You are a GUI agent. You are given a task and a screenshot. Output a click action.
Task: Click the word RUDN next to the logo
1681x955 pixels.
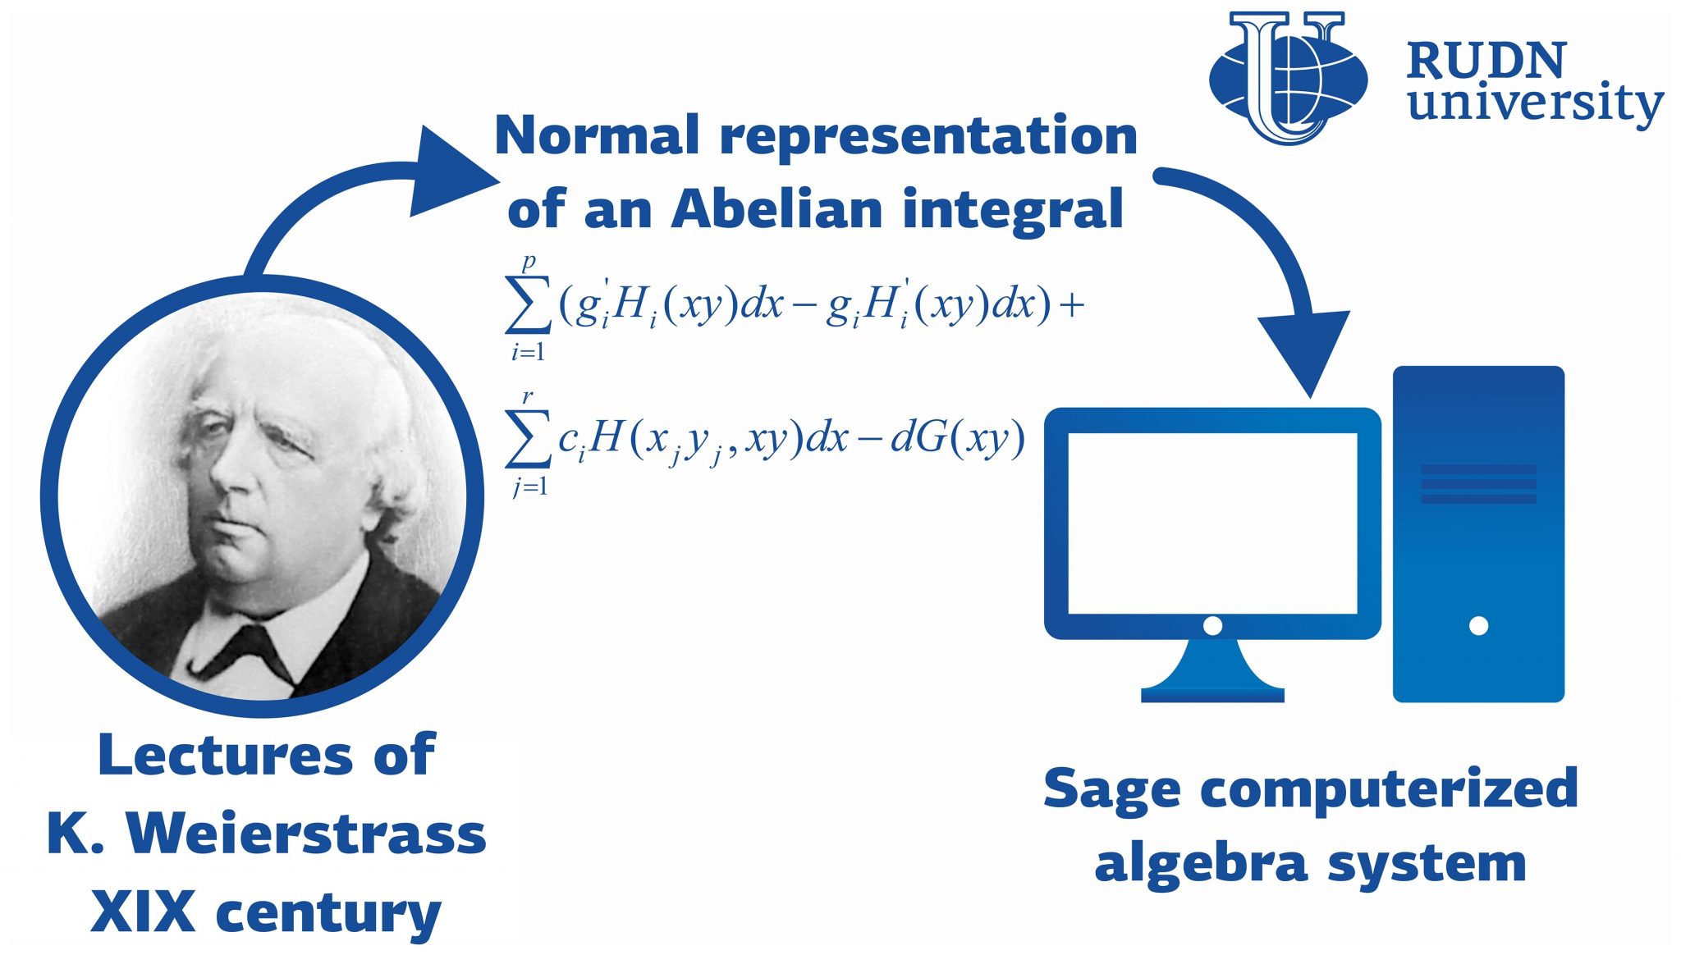pyautogui.click(x=1486, y=61)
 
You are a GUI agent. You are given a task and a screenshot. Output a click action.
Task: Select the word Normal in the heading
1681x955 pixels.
pyautogui.click(x=597, y=135)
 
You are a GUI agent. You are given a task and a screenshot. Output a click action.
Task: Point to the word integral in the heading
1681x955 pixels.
pyautogui.click(x=1014, y=210)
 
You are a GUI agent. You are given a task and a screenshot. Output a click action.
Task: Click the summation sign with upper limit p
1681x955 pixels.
pyautogui.click(x=528, y=305)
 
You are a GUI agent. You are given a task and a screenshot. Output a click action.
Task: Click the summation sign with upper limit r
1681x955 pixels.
pyautogui.click(x=527, y=441)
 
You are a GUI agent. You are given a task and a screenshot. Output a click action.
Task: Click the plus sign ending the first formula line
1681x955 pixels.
pyautogui.click(x=1072, y=306)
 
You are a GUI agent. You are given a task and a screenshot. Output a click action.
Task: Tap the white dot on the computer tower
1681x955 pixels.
pyautogui.click(x=1478, y=626)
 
